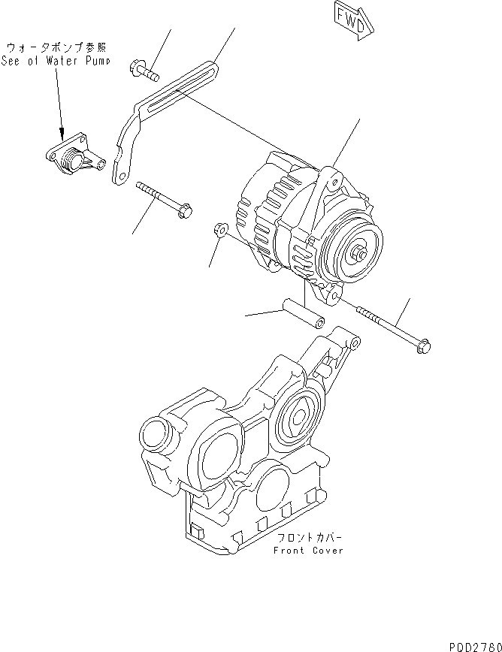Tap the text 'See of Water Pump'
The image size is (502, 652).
tap(55, 61)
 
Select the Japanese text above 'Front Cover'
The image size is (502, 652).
tap(310, 539)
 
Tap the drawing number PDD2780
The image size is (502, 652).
tap(474, 645)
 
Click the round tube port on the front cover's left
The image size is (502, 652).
tap(155, 434)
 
